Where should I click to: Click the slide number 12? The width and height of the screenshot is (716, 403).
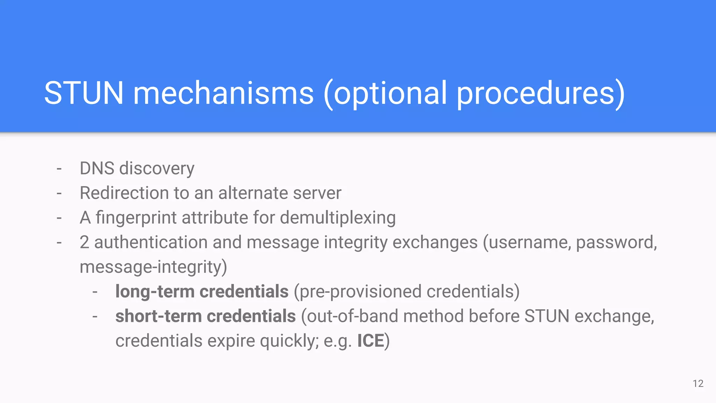click(x=698, y=383)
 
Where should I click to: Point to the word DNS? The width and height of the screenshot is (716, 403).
click(x=97, y=168)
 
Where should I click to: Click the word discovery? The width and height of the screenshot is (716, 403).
click(x=157, y=169)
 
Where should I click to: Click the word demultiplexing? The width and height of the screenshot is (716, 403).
click(x=338, y=218)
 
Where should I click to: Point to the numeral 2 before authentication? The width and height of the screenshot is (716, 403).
click(x=84, y=242)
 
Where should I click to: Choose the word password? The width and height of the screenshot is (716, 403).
click(x=616, y=242)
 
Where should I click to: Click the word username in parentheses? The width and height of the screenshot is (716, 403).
click(x=529, y=242)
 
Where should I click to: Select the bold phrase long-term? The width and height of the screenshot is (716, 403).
click(x=155, y=291)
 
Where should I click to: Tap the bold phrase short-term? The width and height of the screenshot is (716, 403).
click(x=158, y=316)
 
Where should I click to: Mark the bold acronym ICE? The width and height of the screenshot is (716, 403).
click(x=370, y=341)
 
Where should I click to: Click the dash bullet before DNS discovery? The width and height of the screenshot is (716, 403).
click(x=59, y=169)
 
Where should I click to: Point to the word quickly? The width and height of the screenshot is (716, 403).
click(x=289, y=341)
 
